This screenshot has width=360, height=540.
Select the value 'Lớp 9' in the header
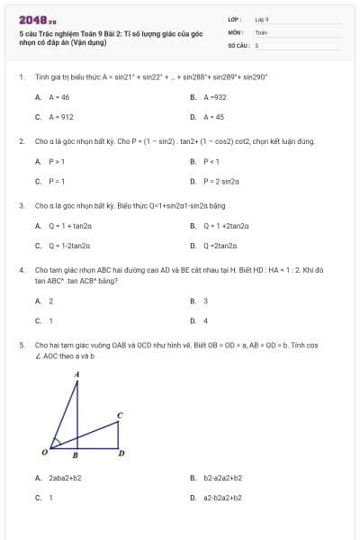pos(262,19)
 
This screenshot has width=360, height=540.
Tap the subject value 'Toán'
pos(261,31)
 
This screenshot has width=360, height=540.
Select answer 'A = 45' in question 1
pos(213,116)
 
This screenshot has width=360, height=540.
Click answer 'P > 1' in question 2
pos(57,161)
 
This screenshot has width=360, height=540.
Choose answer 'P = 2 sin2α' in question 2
pos(220,181)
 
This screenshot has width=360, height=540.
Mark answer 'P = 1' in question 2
pos(57,181)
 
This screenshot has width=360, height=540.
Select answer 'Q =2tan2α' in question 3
pos(220,245)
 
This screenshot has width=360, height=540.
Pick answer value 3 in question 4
pos(206,301)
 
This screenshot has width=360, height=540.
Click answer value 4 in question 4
pos(206,320)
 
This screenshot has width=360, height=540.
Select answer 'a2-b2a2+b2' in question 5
pos(222,497)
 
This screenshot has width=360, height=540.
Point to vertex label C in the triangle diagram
pos(120,415)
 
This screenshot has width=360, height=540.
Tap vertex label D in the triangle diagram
pos(121,454)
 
